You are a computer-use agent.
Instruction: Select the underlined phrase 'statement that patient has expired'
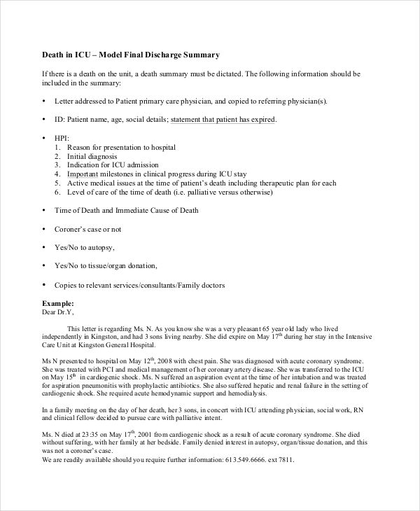click(x=223, y=120)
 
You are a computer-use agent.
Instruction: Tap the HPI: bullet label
click(x=62, y=138)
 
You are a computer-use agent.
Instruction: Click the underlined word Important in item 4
click(x=82, y=174)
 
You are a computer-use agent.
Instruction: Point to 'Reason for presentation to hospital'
click(x=121, y=147)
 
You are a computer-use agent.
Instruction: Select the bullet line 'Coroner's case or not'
click(x=87, y=229)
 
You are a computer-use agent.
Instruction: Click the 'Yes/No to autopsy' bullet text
click(x=84, y=248)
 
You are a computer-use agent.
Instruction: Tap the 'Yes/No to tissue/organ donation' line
click(x=105, y=266)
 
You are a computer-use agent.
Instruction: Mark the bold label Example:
click(x=57, y=303)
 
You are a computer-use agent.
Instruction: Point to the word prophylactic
click(x=162, y=386)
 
